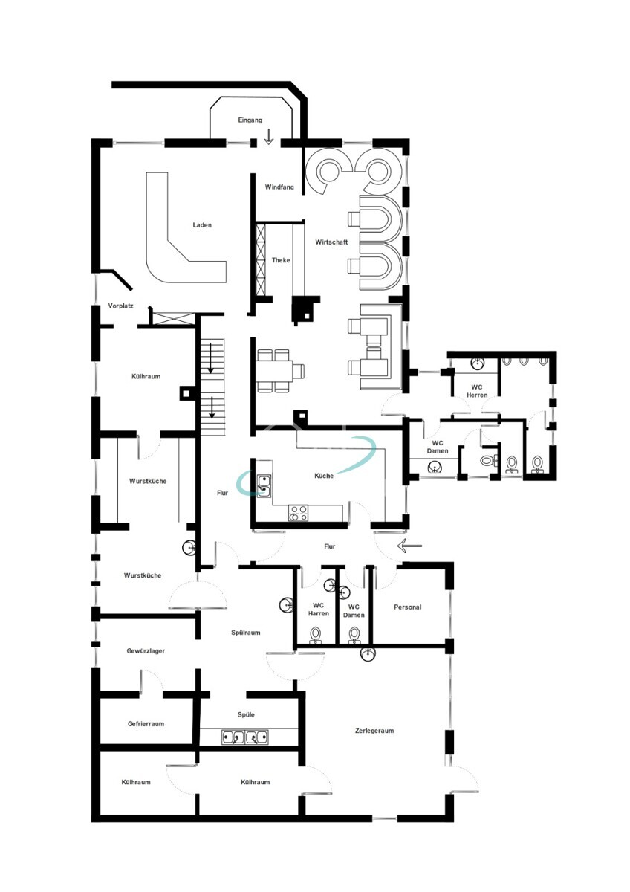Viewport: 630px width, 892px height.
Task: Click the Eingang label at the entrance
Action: point(250,120)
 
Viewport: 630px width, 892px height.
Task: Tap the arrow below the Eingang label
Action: point(269,137)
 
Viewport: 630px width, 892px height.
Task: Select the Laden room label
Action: point(202,225)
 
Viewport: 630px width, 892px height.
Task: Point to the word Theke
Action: point(281,260)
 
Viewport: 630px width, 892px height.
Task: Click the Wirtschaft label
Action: point(331,242)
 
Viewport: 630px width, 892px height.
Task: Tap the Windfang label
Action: point(279,187)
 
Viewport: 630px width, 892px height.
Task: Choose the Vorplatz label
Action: point(120,306)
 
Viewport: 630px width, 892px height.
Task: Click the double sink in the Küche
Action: point(263,486)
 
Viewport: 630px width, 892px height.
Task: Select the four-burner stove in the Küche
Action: point(298,513)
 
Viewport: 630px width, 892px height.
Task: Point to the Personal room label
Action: point(408,607)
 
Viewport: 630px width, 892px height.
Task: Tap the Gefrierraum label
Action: point(146,723)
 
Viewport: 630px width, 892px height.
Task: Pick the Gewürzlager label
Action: point(146,650)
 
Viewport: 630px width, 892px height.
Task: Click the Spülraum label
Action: point(246,632)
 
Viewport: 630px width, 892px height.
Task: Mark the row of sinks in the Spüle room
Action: point(244,737)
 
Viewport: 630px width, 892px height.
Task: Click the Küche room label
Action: point(324,476)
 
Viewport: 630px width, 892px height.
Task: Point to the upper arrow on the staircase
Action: point(210,363)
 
